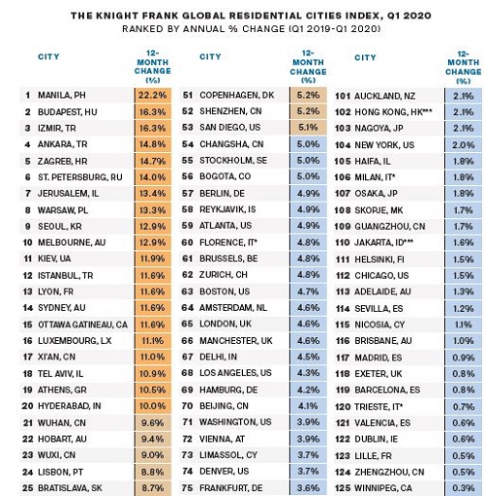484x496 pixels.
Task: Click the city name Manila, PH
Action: coord(62,95)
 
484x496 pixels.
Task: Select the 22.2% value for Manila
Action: coord(153,95)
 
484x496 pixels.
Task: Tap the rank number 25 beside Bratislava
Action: coord(28,488)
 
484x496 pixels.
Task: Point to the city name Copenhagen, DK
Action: coord(237,95)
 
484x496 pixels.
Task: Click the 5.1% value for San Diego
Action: coord(308,128)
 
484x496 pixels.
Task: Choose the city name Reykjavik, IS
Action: coord(227,209)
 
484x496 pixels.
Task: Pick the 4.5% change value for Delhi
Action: coord(308,356)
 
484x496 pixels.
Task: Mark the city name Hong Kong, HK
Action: coord(393,112)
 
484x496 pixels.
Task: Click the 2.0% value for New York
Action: coord(464,145)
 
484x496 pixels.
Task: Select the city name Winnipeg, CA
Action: coord(383,488)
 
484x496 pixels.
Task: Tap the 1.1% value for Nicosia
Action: coord(464,325)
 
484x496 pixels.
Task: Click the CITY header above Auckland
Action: coord(365,57)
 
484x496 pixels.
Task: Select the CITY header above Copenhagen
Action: coord(210,57)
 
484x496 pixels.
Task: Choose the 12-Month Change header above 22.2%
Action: coord(153,67)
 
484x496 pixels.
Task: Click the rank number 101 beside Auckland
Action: coord(343,96)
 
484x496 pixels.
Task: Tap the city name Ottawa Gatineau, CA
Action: coord(82,325)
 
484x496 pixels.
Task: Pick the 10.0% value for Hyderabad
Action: coord(153,406)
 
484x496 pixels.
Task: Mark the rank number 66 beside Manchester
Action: coord(187,341)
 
